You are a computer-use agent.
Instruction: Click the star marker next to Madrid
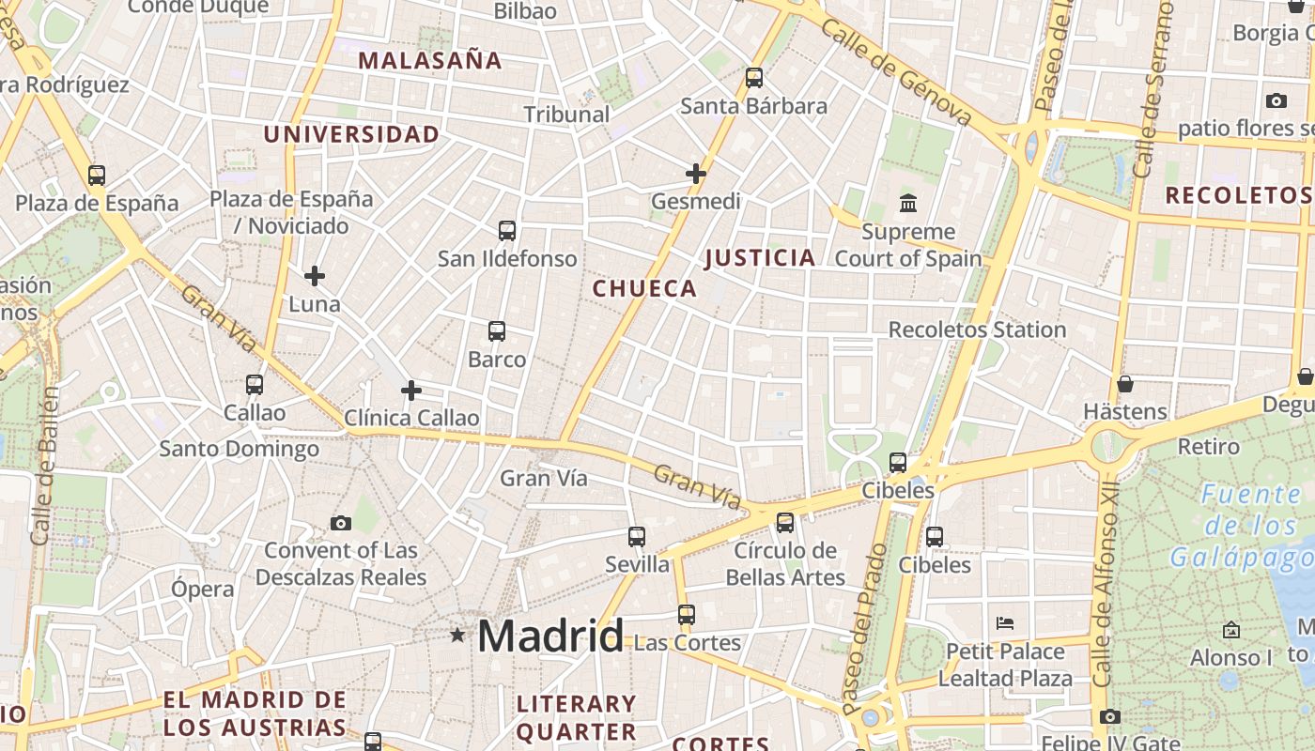click(457, 636)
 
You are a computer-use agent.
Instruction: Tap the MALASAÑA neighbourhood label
click(430, 61)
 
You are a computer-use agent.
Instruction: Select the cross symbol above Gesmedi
click(696, 174)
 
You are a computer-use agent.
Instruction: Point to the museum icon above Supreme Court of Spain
click(908, 203)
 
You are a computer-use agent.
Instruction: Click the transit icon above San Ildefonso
click(507, 230)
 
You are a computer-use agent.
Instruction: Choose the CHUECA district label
click(644, 289)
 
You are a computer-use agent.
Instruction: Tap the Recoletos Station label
click(977, 330)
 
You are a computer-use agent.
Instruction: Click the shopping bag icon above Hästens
click(1124, 384)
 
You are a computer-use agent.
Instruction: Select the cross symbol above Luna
click(315, 276)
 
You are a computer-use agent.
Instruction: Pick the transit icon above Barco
click(497, 331)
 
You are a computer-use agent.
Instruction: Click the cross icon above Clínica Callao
click(411, 391)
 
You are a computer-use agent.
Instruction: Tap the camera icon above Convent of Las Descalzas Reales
click(341, 523)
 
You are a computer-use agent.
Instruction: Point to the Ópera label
click(202, 589)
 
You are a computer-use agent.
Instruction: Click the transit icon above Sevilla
click(637, 537)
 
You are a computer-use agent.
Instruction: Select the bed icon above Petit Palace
click(1005, 622)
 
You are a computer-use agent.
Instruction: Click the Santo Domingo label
click(239, 449)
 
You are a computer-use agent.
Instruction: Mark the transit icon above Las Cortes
click(687, 615)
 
